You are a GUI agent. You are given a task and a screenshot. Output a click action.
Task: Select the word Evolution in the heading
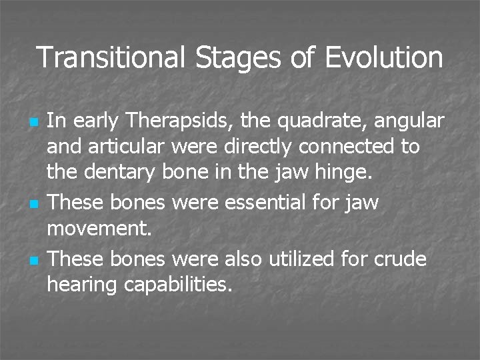click(384, 57)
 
